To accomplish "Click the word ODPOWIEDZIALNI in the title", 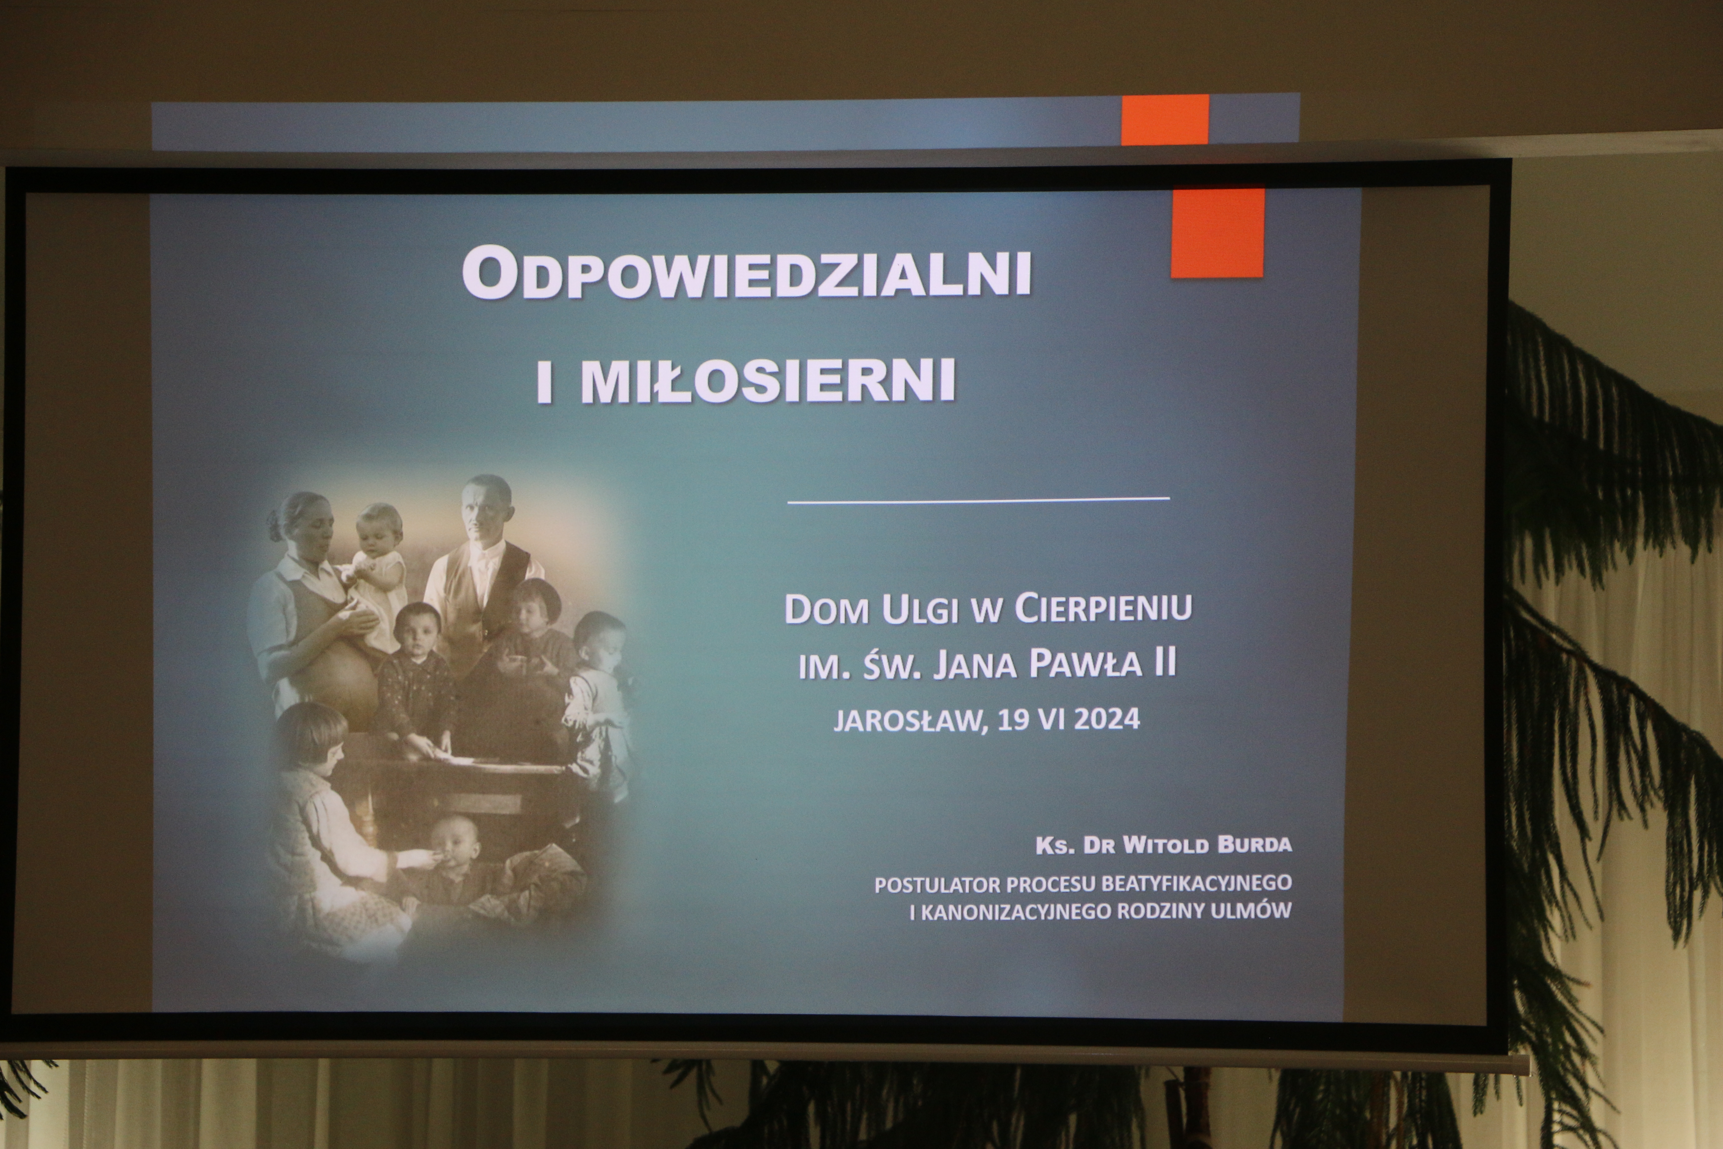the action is (x=747, y=272).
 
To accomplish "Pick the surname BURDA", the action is (x=1254, y=845).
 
